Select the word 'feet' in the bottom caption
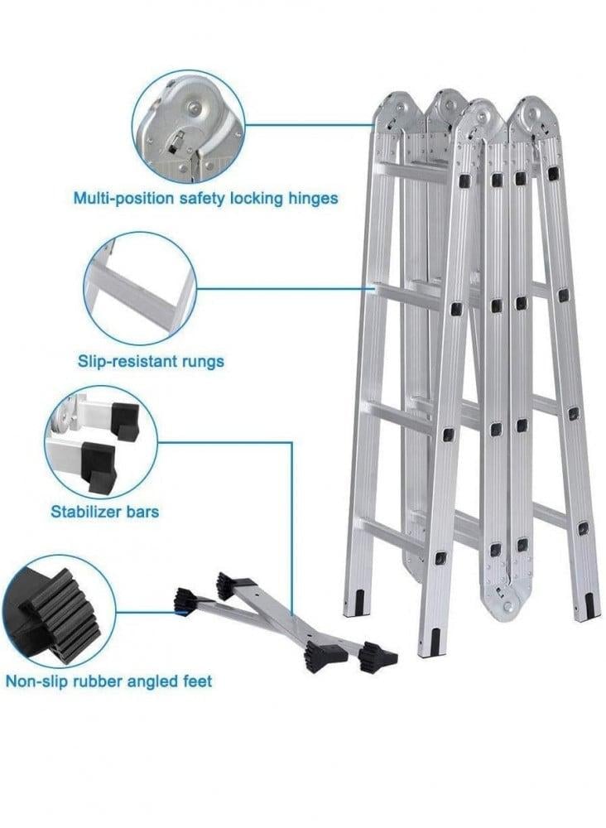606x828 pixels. click(x=195, y=681)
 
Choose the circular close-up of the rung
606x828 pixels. click(x=140, y=288)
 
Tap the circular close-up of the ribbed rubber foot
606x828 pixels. click(x=58, y=612)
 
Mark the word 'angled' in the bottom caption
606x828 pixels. click(x=147, y=681)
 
